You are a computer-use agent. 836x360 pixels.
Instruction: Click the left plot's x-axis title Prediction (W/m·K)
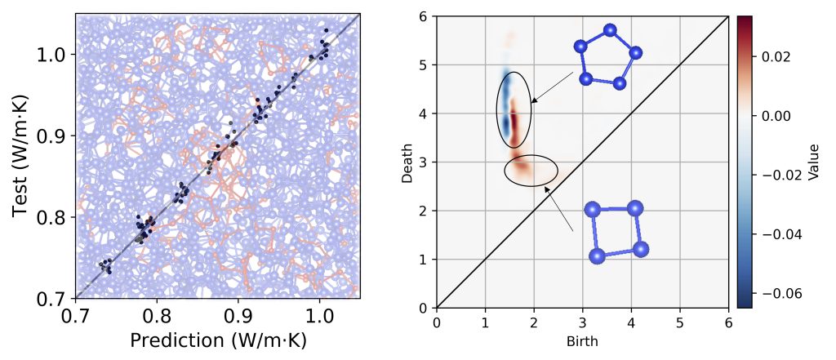(217, 340)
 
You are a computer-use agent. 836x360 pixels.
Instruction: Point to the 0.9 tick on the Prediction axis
(238, 314)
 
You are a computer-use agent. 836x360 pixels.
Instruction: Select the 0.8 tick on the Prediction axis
(156, 314)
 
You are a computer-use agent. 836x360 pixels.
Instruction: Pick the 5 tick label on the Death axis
(425, 64)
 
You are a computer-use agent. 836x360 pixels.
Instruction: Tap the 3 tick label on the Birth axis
(582, 322)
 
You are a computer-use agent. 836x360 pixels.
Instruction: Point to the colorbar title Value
(812, 162)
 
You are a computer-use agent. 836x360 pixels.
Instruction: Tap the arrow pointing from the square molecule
(559, 209)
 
